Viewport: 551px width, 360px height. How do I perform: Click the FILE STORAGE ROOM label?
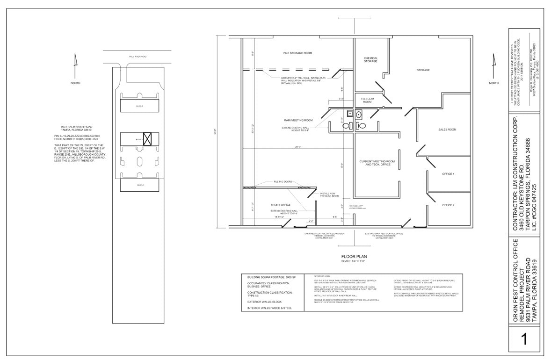[x=297, y=53]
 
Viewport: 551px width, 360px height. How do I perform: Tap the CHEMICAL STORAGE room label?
[x=370, y=60]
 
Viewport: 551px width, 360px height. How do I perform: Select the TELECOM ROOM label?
[x=367, y=100]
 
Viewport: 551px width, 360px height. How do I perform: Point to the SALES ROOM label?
[x=447, y=130]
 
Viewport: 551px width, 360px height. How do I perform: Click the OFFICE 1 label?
[x=448, y=173]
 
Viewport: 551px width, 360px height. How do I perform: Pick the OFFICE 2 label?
[x=448, y=205]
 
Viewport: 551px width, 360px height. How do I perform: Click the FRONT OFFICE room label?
[x=281, y=205]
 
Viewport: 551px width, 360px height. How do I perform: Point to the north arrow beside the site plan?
[x=75, y=66]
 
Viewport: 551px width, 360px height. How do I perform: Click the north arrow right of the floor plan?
[x=493, y=66]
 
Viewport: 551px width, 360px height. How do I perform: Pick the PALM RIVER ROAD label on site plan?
[x=138, y=57]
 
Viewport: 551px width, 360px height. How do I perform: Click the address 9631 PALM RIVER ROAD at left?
[x=77, y=127]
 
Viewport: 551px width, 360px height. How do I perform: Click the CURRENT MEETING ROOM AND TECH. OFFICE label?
[x=377, y=163]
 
